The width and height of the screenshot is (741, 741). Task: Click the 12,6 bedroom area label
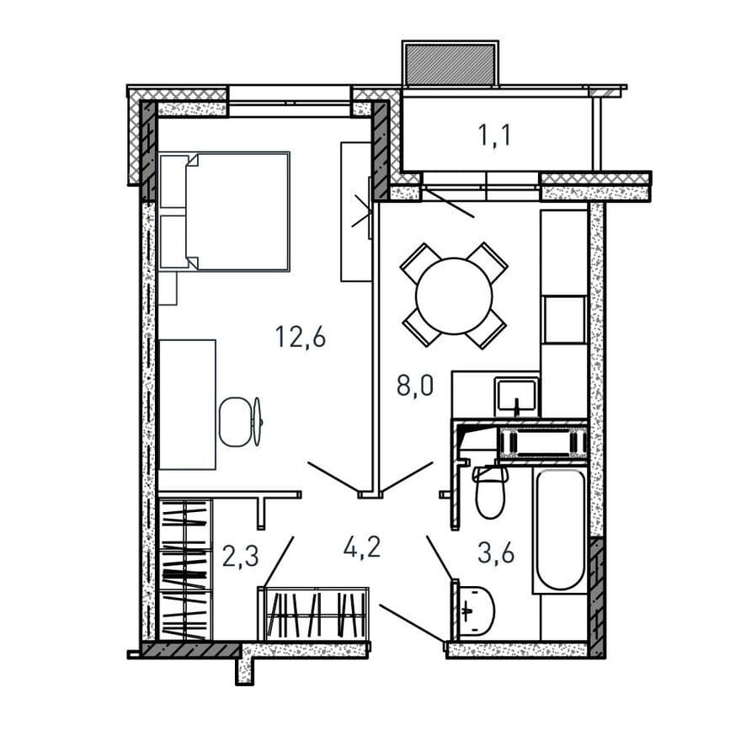[x=301, y=338]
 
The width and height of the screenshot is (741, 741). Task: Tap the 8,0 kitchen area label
[x=415, y=386]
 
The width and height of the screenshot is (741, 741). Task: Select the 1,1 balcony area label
[x=494, y=136]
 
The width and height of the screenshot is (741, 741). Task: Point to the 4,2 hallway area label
[x=362, y=547]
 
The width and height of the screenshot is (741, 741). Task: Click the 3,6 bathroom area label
[x=496, y=552]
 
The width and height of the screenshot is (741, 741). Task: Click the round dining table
[x=454, y=296]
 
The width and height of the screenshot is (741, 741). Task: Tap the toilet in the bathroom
[x=490, y=492]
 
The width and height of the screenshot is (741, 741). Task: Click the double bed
[x=224, y=211]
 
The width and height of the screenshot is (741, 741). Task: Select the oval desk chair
[x=235, y=422]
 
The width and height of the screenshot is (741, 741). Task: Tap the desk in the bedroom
[x=187, y=404]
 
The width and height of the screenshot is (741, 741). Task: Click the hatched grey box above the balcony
[x=450, y=64]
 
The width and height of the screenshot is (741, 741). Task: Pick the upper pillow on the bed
[x=174, y=182]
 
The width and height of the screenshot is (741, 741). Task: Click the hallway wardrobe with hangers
[x=314, y=614]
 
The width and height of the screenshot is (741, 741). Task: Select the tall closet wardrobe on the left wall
[x=184, y=569]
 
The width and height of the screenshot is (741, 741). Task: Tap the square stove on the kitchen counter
[x=565, y=319]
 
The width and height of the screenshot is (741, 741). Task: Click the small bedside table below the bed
[x=168, y=288]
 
